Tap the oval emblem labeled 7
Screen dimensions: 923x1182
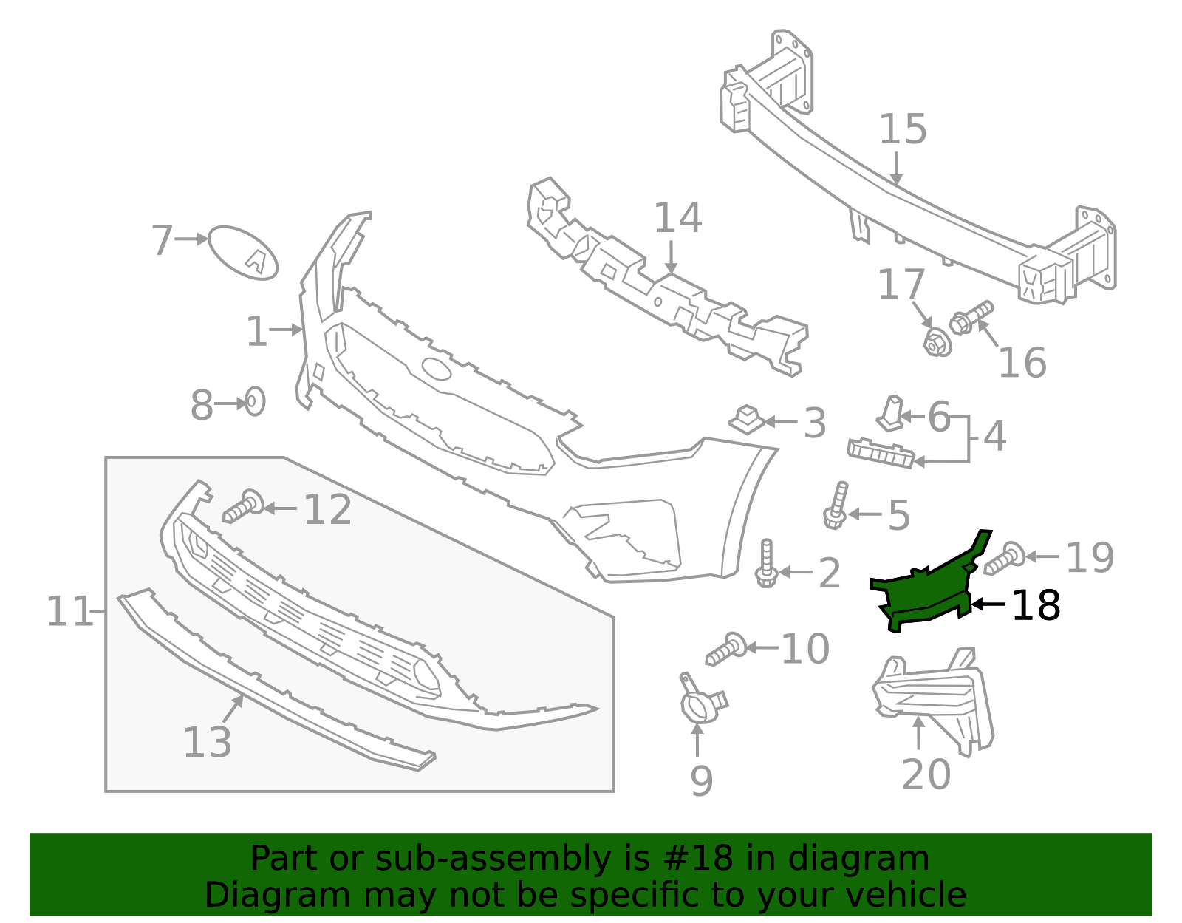pos(243,253)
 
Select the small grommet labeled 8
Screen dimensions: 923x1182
pos(254,401)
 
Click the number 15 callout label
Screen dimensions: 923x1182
pos(903,129)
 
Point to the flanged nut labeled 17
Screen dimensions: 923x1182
pos(937,343)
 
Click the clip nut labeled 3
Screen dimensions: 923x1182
pos(747,420)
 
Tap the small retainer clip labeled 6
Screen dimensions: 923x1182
pos(891,414)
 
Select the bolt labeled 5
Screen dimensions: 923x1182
pos(836,507)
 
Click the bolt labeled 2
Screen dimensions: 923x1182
pos(766,565)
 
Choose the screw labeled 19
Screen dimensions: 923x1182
pos(1005,558)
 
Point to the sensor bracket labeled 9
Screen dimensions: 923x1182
pos(698,702)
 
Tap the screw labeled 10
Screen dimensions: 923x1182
pos(726,649)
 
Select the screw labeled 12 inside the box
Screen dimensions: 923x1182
pos(242,507)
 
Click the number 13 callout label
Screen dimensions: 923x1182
pos(207,743)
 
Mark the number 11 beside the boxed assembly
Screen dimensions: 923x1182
pos(69,612)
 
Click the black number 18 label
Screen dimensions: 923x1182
pos(1036,606)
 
